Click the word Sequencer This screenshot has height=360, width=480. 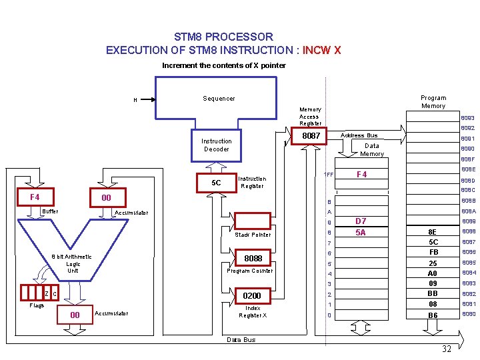click(x=219, y=99)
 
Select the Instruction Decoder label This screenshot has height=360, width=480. click(x=217, y=145)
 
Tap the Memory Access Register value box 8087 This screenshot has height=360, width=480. click(x=311, y=136)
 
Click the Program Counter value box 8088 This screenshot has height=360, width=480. click(x=253, y=258)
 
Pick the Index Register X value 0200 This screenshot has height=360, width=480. click(x=252, y=295)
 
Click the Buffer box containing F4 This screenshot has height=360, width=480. click(x=35, y=197)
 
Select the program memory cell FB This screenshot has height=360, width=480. click(x=433, y=253)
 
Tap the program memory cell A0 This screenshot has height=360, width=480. click(x=433, y=273)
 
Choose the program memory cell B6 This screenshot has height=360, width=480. click(x=433, y=315)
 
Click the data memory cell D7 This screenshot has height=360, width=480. click(x=361, y=221)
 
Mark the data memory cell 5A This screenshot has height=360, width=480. click(x=361, y=232)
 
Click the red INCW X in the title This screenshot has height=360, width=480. click(x=322, y=50)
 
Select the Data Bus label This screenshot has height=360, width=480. click(x=241, y=340)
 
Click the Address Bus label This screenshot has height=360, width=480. click(x=359, y=135)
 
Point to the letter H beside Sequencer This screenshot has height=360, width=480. click(x=135, y=101)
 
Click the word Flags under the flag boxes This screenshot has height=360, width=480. click(x=37, y=305)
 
